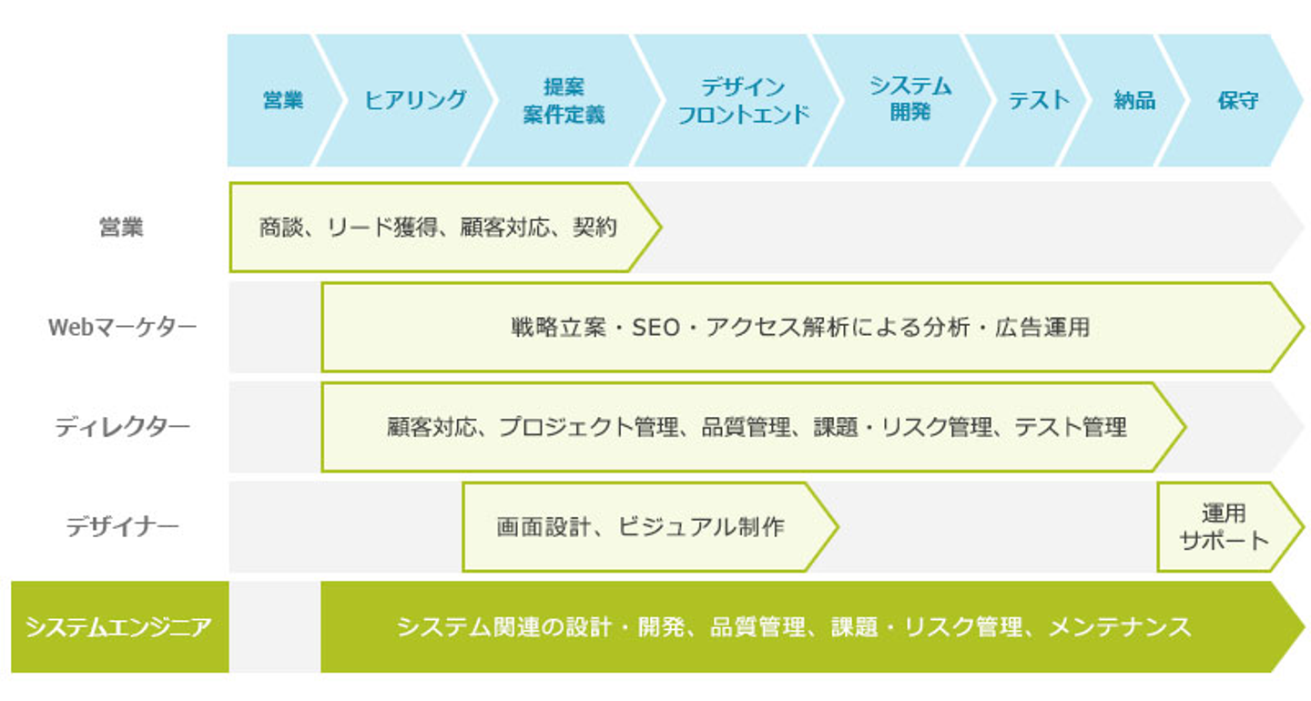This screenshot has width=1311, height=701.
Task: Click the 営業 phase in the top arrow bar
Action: (x=283, y=100)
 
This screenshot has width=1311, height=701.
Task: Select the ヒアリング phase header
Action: (x=415, y=100)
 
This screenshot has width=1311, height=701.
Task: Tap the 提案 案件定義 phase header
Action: (x=564, y=100)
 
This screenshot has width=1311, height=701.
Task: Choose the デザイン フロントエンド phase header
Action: (x=743, y=100)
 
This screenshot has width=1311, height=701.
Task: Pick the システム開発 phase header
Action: (x=910, y=100)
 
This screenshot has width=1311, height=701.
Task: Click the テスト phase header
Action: (x=1038, y=100)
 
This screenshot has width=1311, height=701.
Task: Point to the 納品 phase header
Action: (x=1134, y=100)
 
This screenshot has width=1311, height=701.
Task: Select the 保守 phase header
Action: (x=1238, y=100)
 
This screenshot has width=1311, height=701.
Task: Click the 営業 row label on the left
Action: (x=121, y=227)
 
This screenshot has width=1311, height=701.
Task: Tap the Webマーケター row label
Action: (x=121, y=327)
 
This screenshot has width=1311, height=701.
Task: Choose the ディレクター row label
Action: (x=122, y=427)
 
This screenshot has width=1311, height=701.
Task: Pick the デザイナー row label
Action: (x=122, y=526)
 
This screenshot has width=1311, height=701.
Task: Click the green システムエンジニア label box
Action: (x=119, y=627)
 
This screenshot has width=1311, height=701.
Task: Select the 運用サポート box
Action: (x=1224, y=526)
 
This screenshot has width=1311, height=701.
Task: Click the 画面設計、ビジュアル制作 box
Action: (x=640, y=526)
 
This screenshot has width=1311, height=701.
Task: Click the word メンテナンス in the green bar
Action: (x=1120, y=627)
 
